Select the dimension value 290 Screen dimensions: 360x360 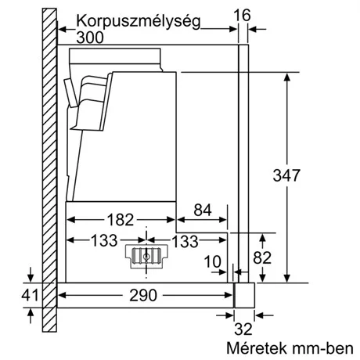142,295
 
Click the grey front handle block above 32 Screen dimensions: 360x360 245,294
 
